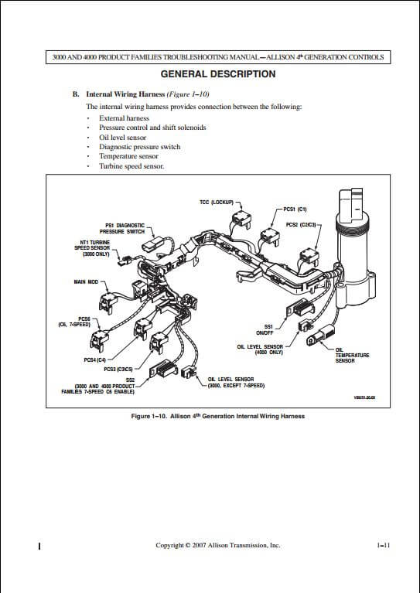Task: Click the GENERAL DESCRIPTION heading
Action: click(x=217, y=74)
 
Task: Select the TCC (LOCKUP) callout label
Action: click(x=216, y=203)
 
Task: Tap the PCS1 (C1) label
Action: click(x=295, y=209)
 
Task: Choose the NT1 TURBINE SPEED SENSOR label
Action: click(x=91, y=247)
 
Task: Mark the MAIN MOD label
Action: click(x=87, y=281)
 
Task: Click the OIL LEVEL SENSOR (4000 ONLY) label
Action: click(x=260, y=349)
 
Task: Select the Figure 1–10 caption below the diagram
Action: click(x=217, y=416)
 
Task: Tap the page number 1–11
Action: click(x=382, y=545)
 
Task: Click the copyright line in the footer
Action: click(x=217, y=545)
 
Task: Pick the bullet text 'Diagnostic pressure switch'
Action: click(x=139, y=146)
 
